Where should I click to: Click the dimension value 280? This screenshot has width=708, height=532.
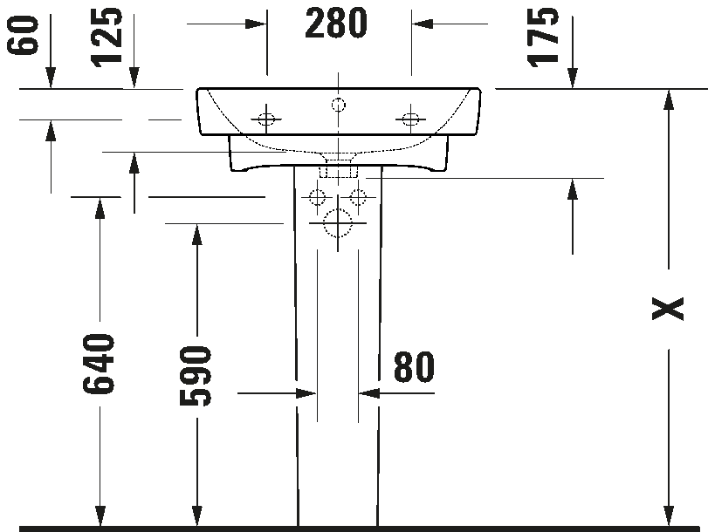click(336, 24)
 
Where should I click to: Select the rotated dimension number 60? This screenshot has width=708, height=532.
click(22, 35)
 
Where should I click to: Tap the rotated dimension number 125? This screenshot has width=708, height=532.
click(107, 37)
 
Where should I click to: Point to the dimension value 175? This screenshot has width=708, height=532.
click(543, 38)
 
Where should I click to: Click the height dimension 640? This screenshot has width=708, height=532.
click(99, 363)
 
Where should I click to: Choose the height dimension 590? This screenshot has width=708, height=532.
click(196, 375)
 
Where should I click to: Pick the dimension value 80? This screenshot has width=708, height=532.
click(414, 367)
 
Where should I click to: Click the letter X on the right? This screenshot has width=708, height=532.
click(668, 309)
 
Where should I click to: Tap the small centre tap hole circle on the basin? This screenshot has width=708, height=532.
click(338, 106)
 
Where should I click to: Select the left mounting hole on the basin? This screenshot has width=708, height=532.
click(266, 119)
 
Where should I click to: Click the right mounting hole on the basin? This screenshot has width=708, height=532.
click(410, 119)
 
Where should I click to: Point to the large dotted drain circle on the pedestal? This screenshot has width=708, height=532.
click(338, 223)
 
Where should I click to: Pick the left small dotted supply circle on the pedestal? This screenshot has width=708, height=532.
click(317, 197)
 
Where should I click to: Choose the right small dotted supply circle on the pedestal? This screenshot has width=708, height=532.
click(358, 197)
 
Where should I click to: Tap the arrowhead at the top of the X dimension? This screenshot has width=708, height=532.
click(669, 99)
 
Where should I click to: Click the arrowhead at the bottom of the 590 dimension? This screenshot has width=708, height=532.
click(197, 515)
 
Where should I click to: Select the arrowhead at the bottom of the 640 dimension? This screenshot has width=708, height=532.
click(100, 515)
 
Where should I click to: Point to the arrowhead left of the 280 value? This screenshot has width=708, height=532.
click(256, 24)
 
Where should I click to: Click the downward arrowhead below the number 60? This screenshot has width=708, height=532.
click(51, 78)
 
